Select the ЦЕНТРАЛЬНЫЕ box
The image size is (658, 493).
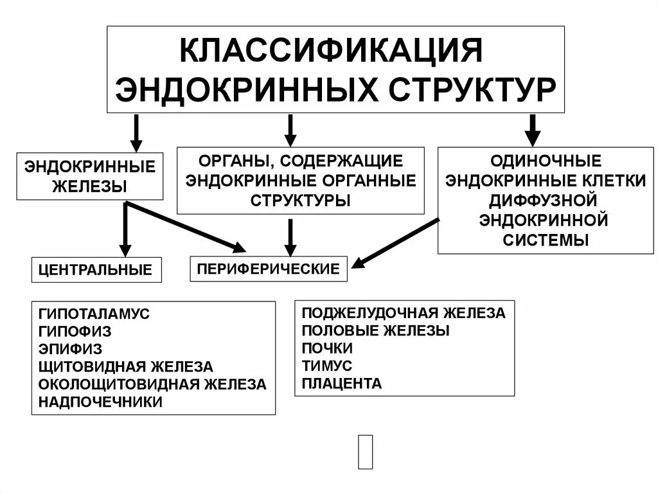click(x=96, y=270)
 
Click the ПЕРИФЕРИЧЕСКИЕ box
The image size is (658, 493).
click(x=268, y=269)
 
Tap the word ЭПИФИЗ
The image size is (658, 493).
click(x=70, y=349)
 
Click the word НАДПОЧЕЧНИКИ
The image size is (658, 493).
click(x=100, y=402)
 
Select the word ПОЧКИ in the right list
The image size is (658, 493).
click(x=328, y=348)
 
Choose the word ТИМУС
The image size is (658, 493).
click(x=327, y=366)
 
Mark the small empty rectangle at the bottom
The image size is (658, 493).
click(x=365, y=452)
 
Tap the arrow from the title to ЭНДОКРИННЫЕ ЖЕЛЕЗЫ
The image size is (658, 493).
click(x=136, y=132)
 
